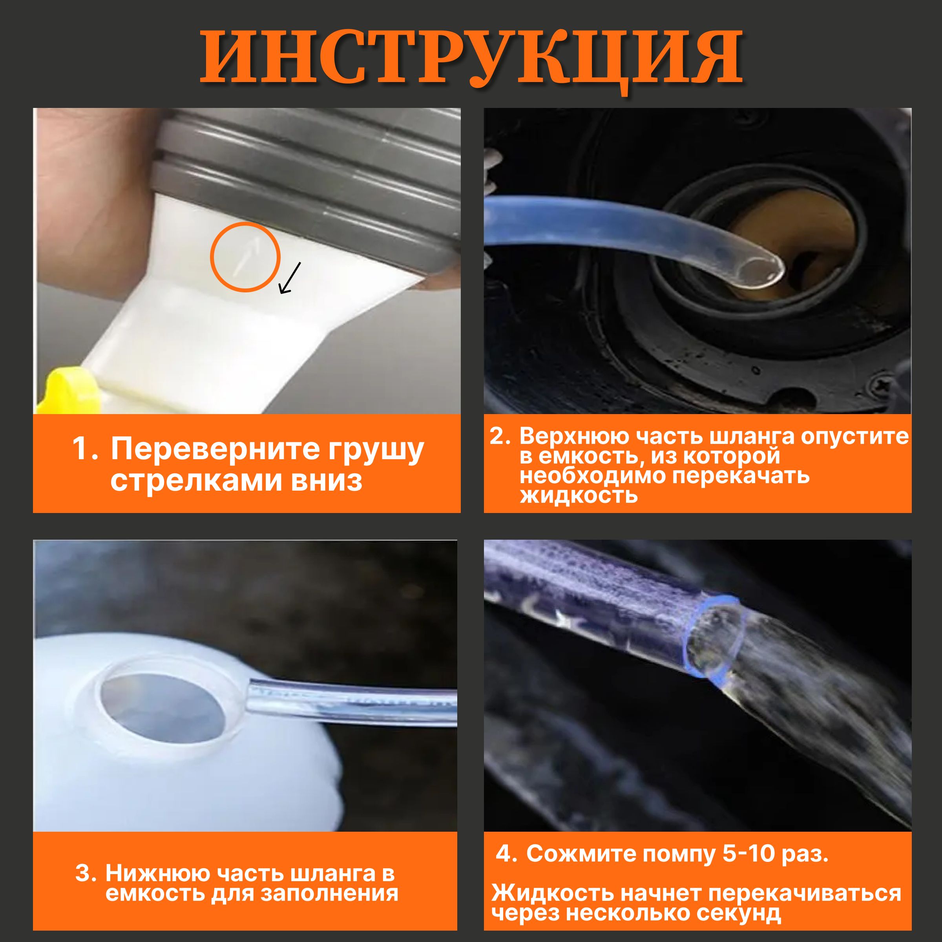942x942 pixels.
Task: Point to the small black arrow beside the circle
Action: point(290,278)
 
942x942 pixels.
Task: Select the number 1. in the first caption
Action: point(85,449)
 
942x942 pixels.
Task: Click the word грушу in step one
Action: point(376,450)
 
